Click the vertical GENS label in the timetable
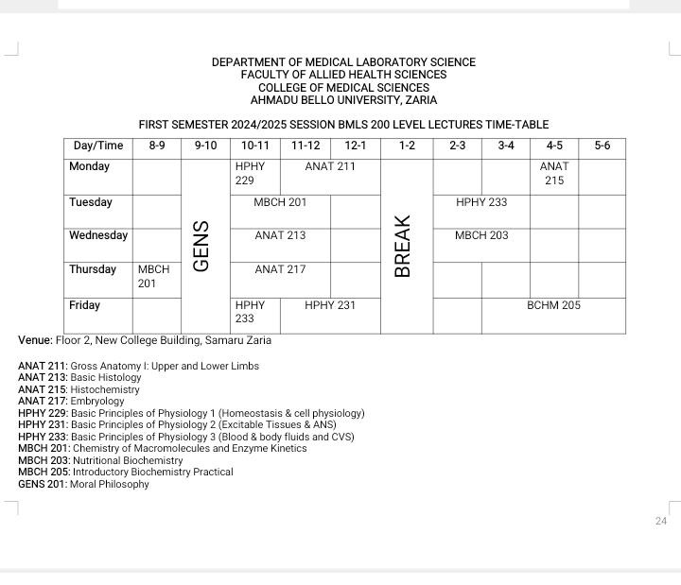[201, 247]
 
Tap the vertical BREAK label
[403, 247]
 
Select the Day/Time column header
[98, 146]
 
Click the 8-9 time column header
[157, 146]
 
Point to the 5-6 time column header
[602, 146]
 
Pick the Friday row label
[88, 305]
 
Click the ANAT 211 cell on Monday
[330, 166]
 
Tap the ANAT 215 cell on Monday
[554, 173]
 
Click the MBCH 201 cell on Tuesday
[280, 202]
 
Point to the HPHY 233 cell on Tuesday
[481, 202]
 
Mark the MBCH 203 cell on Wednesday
[481, 235]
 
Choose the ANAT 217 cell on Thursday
[280, 269]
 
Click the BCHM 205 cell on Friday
[553, 305]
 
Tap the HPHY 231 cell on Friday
[330, 305]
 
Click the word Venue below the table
[35, 340]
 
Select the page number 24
[661, 521]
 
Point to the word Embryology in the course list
[97, 401]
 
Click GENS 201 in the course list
[43, 484]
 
